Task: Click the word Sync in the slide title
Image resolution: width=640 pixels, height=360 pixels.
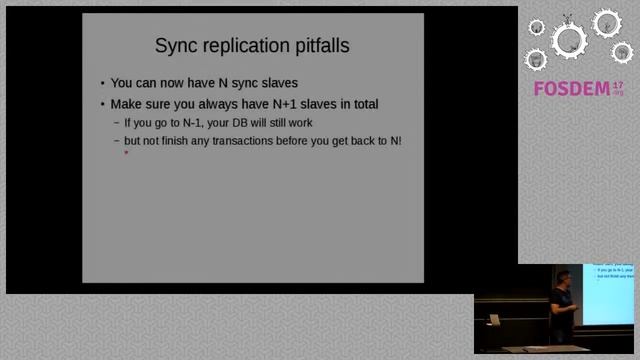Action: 177,46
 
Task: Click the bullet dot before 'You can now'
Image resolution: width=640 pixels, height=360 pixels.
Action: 102,84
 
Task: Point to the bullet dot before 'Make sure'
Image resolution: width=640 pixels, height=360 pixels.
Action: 102,104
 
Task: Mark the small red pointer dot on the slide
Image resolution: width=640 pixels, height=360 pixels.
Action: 126,154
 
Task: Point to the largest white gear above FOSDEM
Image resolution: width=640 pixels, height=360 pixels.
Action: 570,40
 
